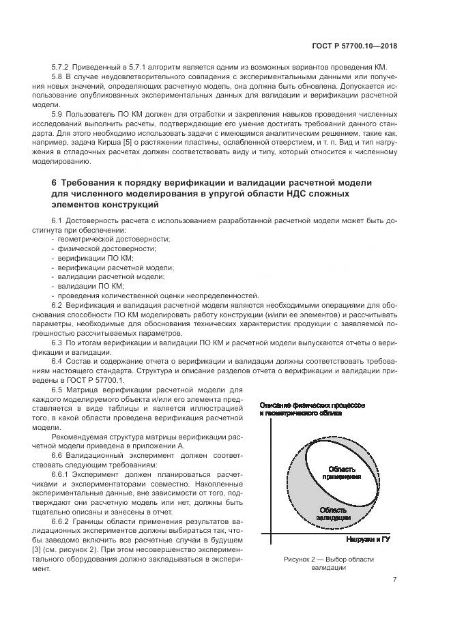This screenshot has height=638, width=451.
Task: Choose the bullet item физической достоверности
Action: tap(107, 248)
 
